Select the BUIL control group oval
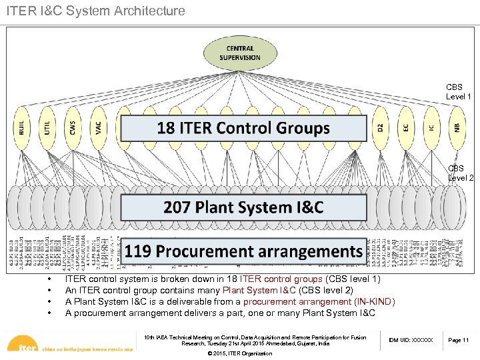click(22, 127)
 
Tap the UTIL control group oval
click(47, 127)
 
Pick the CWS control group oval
click(72, 127)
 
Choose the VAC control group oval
click(98, 127)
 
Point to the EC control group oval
click(406, 127)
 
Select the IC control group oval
click(431, 127)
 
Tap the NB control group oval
click(457, 127)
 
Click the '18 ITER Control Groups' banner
click(243, 128)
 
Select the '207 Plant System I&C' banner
click(243, 207)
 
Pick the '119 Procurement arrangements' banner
click(243, 251)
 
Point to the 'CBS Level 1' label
click(459, 92)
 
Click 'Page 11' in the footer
click(458, 340)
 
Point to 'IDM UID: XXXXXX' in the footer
click(410, 340)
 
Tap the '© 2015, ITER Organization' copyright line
click(240, 353)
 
